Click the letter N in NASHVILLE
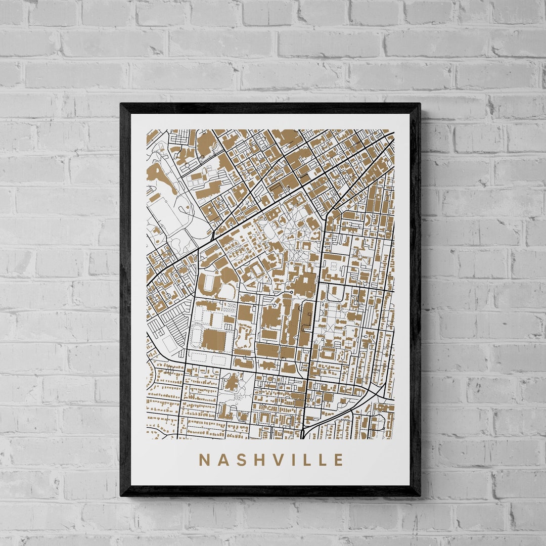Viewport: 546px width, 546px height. click(x=205, y=460)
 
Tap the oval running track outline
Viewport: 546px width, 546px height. click(x=195, y=335)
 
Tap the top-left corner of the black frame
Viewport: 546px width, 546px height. click(x=121, y=105)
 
